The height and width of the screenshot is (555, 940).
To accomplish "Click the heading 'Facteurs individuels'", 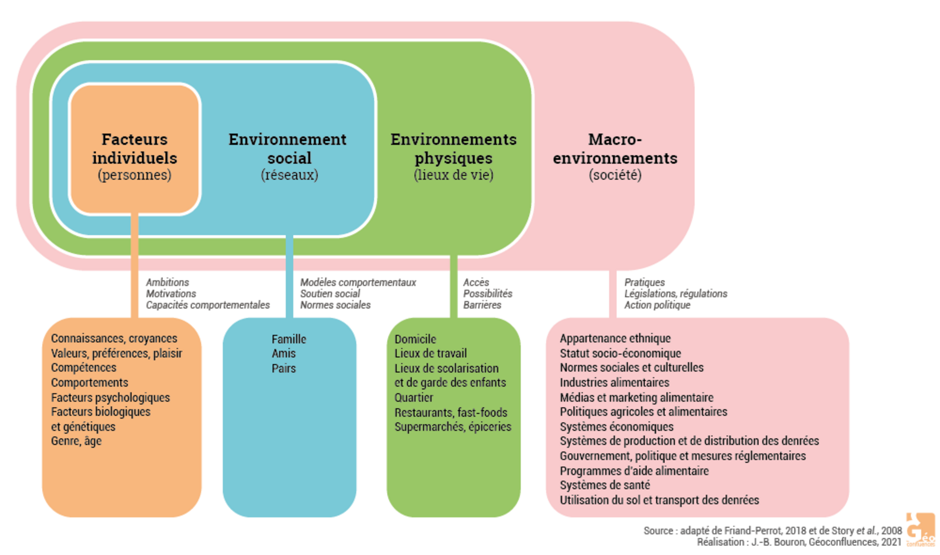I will click(x=135, y=149).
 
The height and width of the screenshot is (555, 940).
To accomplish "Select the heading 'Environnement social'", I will click(x=288, y=149).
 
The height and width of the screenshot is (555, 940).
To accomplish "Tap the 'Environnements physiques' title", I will click(x=453, y=149).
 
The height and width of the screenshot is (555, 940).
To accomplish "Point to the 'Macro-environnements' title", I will click(x=615, y=149).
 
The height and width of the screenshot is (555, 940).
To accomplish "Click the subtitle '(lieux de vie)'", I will click(x=453, y=175).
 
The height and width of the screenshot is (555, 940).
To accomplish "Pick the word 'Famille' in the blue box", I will click(x=289, y=339).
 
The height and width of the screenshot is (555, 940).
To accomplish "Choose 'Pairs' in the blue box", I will click(x=284, y=368).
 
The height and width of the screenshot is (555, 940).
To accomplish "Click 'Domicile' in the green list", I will click(x=415, y=339).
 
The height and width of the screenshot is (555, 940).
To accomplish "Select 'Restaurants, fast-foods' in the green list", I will click(x=451, y=413).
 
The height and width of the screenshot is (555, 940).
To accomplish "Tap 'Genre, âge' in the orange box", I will click(x=76, y=441).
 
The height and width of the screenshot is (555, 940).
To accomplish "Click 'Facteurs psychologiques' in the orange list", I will click(x=110, y=398).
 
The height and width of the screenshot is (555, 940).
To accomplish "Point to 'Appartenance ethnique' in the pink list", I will click(x=615, y=339).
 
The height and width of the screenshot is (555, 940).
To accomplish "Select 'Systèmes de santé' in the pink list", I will click(x=605, y=485).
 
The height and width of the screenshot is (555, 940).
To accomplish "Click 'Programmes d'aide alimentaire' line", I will click(x=634, y=471).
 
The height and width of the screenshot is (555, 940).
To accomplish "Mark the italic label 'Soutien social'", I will click(x=330, y=294).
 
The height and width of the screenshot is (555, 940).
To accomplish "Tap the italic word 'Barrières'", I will click(x=482, y=305).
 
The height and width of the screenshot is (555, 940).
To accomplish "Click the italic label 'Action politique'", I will click(x=657, y=305).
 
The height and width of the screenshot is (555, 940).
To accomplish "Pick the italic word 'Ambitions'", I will click(x=167, y=282).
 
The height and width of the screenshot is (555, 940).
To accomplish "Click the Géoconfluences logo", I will click(x=920, y=530).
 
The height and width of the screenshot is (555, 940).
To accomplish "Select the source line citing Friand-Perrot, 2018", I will click(x=773, y=531).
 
